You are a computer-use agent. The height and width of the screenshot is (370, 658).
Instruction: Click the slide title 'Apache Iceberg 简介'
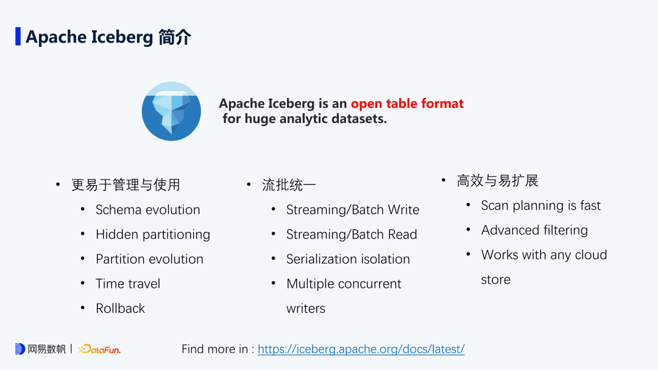point(108,37)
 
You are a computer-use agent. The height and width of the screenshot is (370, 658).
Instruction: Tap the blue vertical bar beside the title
point(18,37)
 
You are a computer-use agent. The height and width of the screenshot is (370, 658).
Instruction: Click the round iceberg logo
point(171,111)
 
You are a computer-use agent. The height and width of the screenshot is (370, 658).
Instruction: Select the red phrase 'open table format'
point(407,103)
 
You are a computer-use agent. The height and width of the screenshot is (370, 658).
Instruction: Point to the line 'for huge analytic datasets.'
point(305,119)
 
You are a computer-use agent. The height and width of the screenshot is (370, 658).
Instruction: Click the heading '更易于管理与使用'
point(126,185)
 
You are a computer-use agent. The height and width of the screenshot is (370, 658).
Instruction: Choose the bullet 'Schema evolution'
point(147,210)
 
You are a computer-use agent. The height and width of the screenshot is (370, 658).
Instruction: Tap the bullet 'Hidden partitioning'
point(153,234)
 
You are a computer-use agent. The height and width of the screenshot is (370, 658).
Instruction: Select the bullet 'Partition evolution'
point(149,259)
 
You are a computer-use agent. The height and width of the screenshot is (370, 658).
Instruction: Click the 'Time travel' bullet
point(128,284)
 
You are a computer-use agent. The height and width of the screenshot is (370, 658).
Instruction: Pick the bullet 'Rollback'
point(120,309)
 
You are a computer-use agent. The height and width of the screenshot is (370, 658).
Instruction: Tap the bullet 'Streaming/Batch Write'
point(353,210)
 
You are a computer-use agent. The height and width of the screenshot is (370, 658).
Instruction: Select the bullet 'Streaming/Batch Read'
point(352,234)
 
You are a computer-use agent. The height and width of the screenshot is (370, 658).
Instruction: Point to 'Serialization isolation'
point(348,259)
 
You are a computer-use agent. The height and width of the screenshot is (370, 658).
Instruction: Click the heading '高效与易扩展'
point(497,181)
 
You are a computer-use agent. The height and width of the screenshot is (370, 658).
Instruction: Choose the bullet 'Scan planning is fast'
point(541,206)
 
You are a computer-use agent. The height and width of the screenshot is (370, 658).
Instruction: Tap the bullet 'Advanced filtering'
point(534,230)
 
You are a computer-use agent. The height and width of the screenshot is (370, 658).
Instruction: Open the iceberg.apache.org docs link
point(361,349)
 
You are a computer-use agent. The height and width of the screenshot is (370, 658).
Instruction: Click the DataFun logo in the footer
point(100,349)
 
